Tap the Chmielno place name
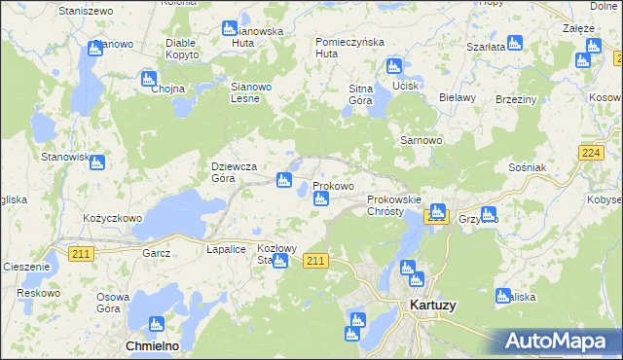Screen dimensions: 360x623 (152, 345)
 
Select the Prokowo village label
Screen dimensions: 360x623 (333, 185)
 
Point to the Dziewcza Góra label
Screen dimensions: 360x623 (235, 172)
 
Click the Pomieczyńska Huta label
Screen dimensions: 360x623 (350, 48)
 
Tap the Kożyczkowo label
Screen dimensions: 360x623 (113, 219)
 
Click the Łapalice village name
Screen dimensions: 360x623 (226, 249)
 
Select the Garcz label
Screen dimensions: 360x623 (156, 253)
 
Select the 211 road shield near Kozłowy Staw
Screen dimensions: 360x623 (315, 261)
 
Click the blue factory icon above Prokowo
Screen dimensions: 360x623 (283, 179)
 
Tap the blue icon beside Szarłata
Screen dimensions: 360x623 (515, 43)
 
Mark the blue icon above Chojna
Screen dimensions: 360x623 (149, 78)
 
